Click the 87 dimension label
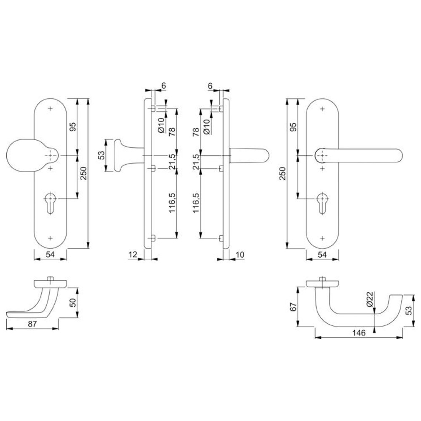tap(32, 324)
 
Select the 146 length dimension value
tap(359, 333)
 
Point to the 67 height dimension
tap(293, 306)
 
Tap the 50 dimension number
tap(73, 303)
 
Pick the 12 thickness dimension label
tap(133, 254)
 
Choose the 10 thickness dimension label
tap(240, 254)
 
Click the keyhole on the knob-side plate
tap(50, 203)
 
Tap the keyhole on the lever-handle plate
tap(322, 203)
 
